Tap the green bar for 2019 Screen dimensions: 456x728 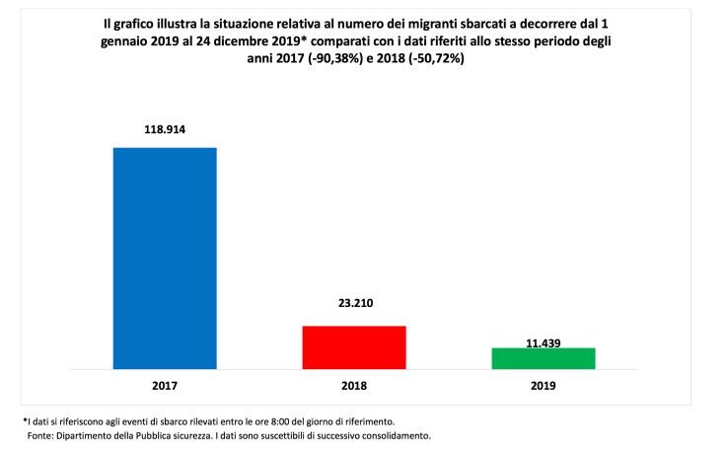point(543,358)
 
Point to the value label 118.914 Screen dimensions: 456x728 point(165,128)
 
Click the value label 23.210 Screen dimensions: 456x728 point(353,304)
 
